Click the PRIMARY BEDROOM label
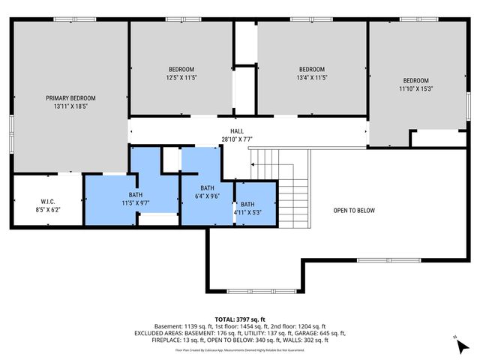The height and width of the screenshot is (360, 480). (x=70, y=97)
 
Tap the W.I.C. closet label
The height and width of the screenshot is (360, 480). (x=49, y=201)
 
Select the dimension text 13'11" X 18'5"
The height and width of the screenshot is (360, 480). (x=70, y=106)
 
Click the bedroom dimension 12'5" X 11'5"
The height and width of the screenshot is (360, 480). (x=181, y=77)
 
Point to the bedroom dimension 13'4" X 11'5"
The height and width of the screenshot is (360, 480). (x=311, y=77)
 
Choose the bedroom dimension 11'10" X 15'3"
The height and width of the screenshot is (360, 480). (x=415, y=89)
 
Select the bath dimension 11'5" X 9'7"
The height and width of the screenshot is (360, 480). (x=134, y=202)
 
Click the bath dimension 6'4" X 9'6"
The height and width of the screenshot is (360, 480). (x=208, y=196)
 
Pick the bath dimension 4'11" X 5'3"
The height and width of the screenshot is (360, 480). (x=247, y=212)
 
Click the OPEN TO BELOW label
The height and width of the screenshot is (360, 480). (x=353, y=211)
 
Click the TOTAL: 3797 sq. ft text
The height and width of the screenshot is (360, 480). (x=239, y=318)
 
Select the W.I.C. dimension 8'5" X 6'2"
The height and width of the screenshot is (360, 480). (x=49, y=210)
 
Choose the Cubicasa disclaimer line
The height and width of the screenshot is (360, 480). (x=239, y=349)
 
